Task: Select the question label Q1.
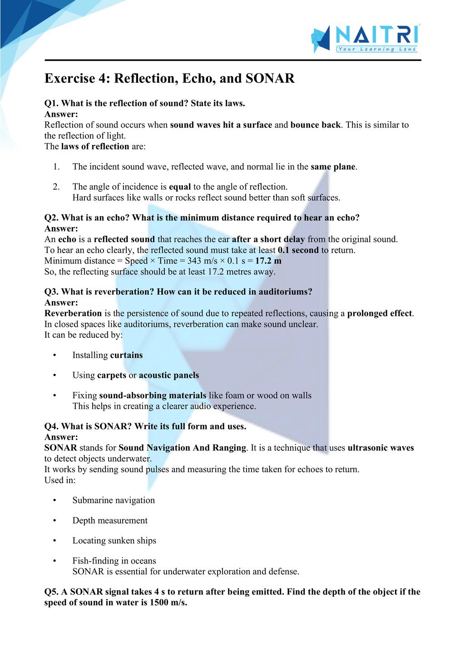click(51, 104)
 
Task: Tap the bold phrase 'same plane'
click(333, 167)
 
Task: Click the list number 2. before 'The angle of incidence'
click(56, 187)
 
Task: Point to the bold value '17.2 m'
click(268, 261)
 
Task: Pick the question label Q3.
click(51, 292)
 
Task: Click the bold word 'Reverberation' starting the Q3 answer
click(73, 313)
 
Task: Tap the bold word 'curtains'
click(126, 355)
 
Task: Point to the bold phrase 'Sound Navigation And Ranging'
click(182, 448)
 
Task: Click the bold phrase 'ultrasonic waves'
click(381, 448)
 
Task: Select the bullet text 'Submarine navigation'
click(114, 500)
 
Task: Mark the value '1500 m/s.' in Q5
click(168, 603)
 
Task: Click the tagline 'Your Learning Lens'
click(377, 49)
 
